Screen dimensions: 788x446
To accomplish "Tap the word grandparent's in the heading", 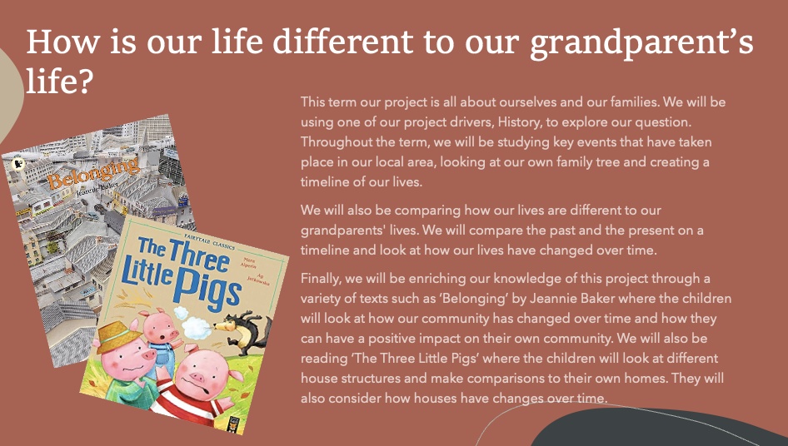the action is [x=641, y=42].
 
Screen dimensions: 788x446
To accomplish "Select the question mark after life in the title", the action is [x=84, y=81].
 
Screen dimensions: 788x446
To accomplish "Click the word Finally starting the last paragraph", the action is [x=321, y=279].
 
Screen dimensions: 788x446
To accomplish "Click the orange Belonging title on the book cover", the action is [x=93, y=173].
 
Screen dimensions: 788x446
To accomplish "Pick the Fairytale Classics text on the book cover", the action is [x=210, y=241].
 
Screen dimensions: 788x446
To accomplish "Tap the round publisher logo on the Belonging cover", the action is [x=18, y=163].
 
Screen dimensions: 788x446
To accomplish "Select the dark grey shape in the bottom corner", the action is [x=658, y=428].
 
